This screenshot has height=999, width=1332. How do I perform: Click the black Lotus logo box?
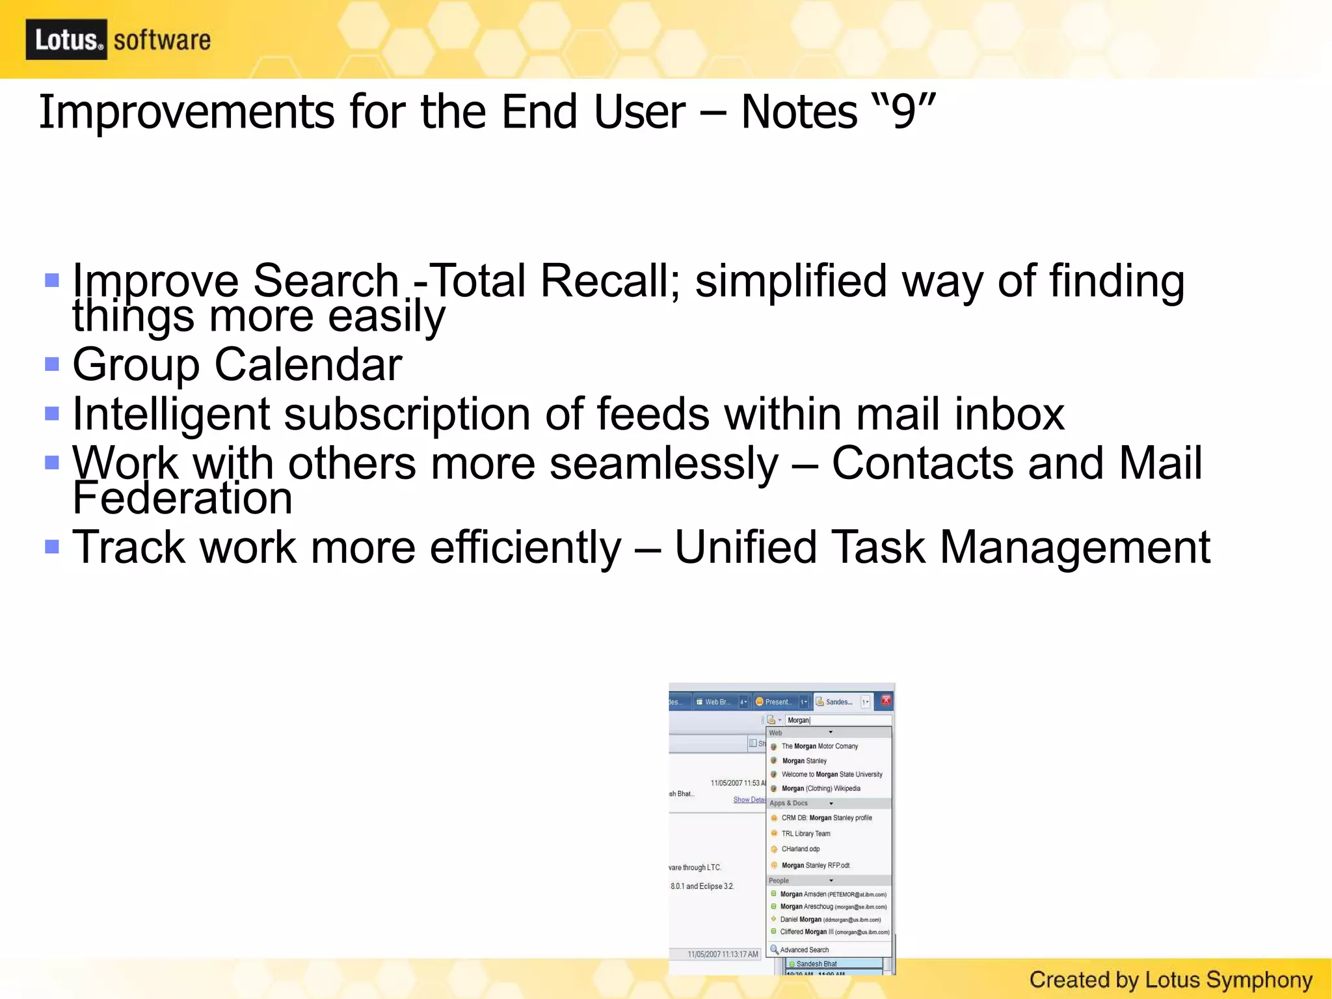click(66, 40)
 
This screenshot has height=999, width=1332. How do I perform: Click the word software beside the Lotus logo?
click(162, 40)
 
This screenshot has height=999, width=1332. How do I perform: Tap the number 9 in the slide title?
click(903, 112)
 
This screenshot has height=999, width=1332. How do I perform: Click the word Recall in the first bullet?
click(609, 281)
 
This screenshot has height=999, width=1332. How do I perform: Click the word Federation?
click(182, 499)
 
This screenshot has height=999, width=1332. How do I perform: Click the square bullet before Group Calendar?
click(52, 364)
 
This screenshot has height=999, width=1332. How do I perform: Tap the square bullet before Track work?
click(52, 546)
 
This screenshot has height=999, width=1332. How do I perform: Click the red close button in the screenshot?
click(886, 701)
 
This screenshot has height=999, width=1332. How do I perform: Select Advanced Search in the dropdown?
click(804, 950)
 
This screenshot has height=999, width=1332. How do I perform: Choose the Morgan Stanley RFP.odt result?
click(815, 866)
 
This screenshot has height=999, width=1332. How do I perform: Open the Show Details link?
click(749, 800)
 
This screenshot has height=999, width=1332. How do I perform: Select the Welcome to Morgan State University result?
click(831, 774)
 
